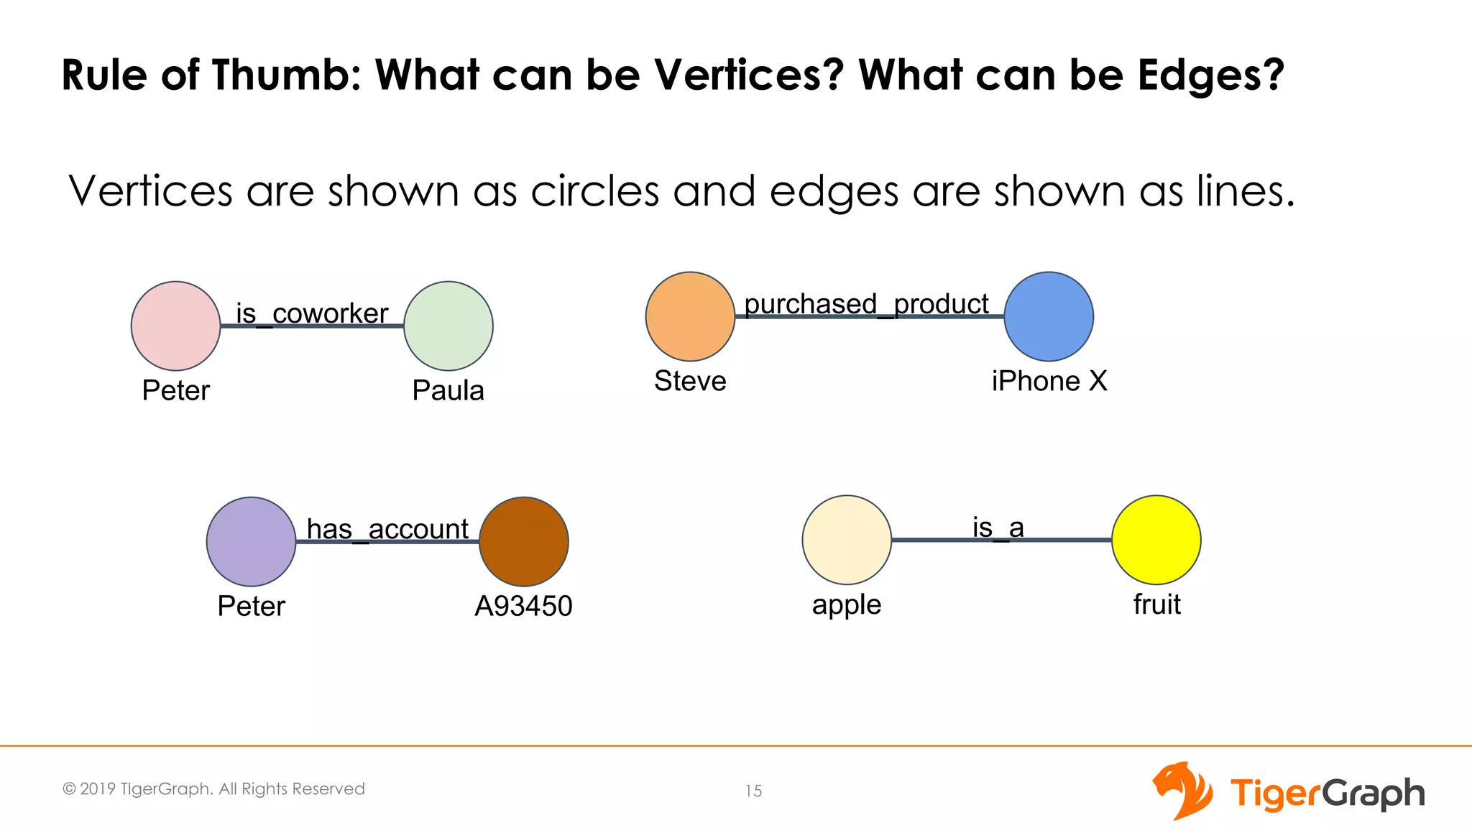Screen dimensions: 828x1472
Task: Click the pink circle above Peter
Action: [175, 326]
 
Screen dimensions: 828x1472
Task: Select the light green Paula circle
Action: [448, 326]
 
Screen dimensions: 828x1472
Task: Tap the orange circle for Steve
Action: [690, 316]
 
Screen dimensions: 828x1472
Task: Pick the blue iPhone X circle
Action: [1049, 316]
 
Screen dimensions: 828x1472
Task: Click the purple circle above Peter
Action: [251, 541]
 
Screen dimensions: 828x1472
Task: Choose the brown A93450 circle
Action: [524, 541]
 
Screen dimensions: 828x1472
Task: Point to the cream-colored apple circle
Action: [847, 540]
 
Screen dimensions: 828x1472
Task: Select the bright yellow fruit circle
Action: [1156, 540]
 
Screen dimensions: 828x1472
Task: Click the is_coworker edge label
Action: [312, 313]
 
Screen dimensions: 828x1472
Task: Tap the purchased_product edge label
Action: [866, 304]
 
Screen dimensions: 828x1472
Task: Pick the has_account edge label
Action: [387, 529]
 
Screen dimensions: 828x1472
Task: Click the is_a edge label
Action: [998, 528]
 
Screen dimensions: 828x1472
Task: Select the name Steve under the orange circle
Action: [690, 381]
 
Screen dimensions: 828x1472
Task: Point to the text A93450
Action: [523, 606]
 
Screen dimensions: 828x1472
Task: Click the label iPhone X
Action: [1049, 381]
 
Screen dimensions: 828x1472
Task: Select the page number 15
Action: [753, 791]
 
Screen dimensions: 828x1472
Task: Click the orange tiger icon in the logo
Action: [1182, 791]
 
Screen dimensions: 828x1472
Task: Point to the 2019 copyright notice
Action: [213, 788]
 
